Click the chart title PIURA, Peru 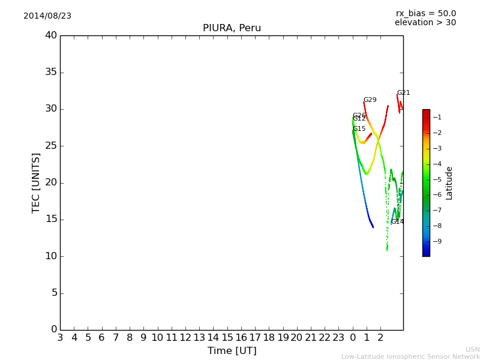click(232, 28)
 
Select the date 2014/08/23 click(47, 16)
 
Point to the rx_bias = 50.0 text click(425, 13)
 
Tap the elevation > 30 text click(425, 23)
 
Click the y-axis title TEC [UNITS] click(36, 182)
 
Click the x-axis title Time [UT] click(232, 350)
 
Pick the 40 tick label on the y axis click(50, 35)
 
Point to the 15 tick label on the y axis click(50, 219)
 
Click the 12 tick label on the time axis click(185, 338)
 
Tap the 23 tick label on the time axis click(338, 338)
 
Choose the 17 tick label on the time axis click(255, 338)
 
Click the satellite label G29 click(370, 100)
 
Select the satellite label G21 click(403, 93)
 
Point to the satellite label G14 click(397, 222)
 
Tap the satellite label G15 click(359, 129)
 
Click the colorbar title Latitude click(449, 183)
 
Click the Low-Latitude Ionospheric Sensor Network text click(410, 357)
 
